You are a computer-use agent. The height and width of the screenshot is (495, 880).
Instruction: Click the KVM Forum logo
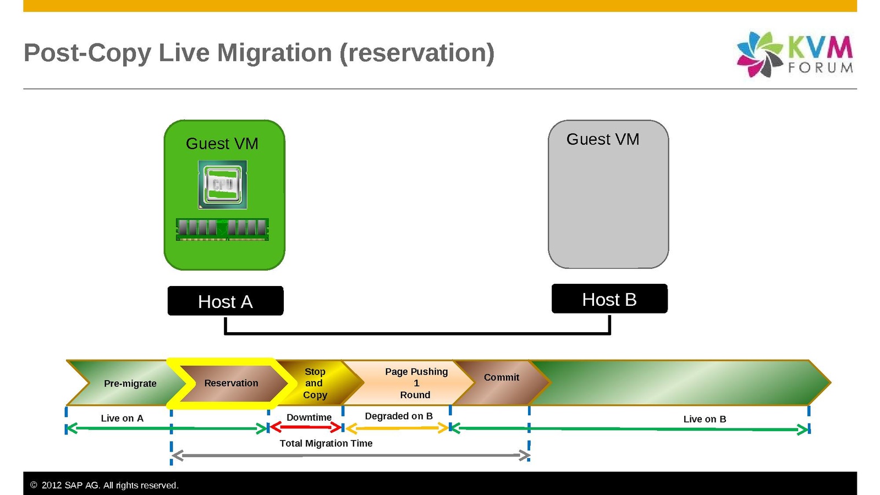coord(794,54)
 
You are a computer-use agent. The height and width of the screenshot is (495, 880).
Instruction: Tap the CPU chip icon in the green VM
coord(223,185)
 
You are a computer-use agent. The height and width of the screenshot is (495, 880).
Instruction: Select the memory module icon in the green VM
coord(222,229)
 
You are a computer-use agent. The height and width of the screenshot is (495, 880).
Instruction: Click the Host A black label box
coord(226,301)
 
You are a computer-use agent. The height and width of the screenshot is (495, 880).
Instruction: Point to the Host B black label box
coord(609,299)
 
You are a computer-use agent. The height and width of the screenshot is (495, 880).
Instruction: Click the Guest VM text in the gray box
coord(603,140)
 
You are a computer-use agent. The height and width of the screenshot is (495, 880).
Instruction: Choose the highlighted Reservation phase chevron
coord(231,383)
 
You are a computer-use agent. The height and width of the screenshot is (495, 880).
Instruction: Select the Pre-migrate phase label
coord(130,383)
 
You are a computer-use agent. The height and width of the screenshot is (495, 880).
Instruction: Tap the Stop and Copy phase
coord(315,383)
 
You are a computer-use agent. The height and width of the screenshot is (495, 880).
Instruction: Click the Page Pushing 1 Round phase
coord(416,383)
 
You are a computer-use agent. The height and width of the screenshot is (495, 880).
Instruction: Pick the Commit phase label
coord(501,378)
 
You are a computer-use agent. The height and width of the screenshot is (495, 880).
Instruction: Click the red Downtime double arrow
coord(306,427)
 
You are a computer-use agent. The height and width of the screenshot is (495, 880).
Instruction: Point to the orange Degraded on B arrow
coord(397,428)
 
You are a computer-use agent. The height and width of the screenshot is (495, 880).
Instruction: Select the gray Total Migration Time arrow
coord(350,455)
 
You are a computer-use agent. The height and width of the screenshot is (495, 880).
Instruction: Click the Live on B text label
coord(705,419)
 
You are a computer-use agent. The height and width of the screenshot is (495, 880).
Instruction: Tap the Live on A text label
coord(122,419)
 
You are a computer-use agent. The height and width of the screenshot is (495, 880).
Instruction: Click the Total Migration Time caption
coord(326,443)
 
